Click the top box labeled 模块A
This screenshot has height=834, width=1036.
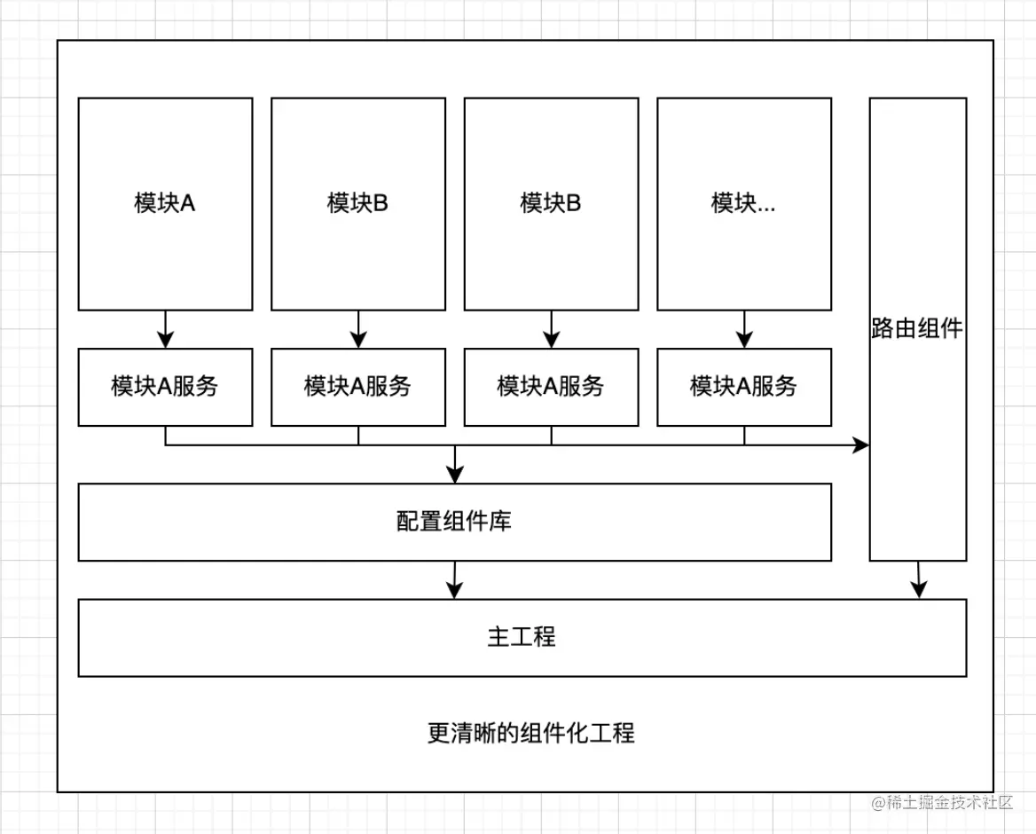pyautogui.click(x=165, y=203)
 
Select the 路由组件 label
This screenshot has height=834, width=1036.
pyautogui.click(x=917, y=329)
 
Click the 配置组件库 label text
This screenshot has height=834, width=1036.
pyautogui.click(x=454, y=521)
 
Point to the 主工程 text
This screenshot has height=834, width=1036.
pyautogui.click(x=522, y=636)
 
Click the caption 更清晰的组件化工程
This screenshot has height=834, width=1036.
pyautogui.click(x=530, y=734)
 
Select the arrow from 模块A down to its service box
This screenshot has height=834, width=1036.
pyautogui.click(x=165, y=329)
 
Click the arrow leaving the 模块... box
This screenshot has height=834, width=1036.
pyautogui.click(x=744, y=329)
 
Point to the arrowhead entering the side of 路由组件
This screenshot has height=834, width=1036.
pyautogui.click(x=860, y=445)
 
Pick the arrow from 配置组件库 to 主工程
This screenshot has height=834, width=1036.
pyautogui.click(x=455, y=580)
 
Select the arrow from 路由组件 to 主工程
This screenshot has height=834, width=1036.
pyautogui.click(x=919, y=580)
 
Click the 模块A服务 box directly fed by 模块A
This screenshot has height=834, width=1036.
pyautogui.click(x=165, y=386)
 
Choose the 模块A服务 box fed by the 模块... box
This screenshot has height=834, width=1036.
pyautogui.click(x=744, y=386)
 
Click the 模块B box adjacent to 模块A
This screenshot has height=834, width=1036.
pyautogui.click(x=358, y=203)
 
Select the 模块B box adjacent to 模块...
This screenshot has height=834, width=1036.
pyautogui.click(x=551, y=203)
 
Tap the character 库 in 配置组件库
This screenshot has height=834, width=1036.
pyautogui.click(x=501, y=521)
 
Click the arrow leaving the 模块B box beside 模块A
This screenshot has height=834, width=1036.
pyautogui.click(x=358, y=329)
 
